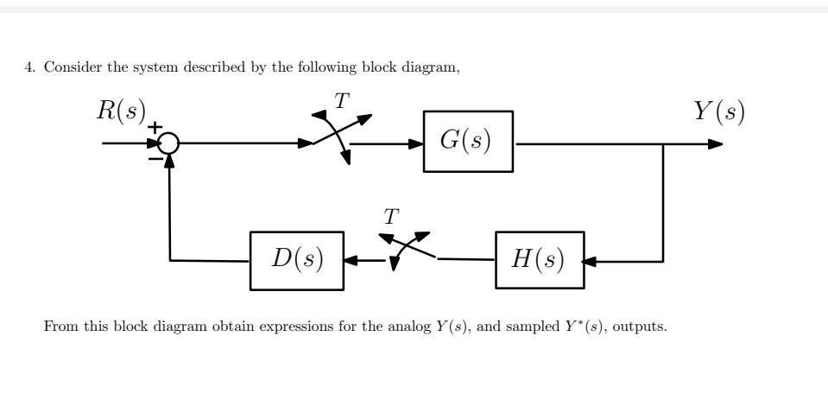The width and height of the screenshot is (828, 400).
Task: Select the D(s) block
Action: coord(296,260)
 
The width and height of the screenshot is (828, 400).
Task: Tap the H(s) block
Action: coord(538,260)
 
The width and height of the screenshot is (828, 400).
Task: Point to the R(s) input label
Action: coord(121,113)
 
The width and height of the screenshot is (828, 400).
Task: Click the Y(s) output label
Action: coord(719,113)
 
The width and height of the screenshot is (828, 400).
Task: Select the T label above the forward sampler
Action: coord(343,101)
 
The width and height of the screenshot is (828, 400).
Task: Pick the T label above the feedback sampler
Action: coord(391,216)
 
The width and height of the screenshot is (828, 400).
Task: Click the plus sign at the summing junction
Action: coord(156,127)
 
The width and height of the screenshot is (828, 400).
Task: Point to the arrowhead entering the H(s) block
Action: coord(590,260)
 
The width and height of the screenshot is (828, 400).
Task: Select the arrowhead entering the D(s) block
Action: coord(351,260)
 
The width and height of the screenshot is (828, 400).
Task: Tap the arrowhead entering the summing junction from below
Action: coord(170,162)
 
